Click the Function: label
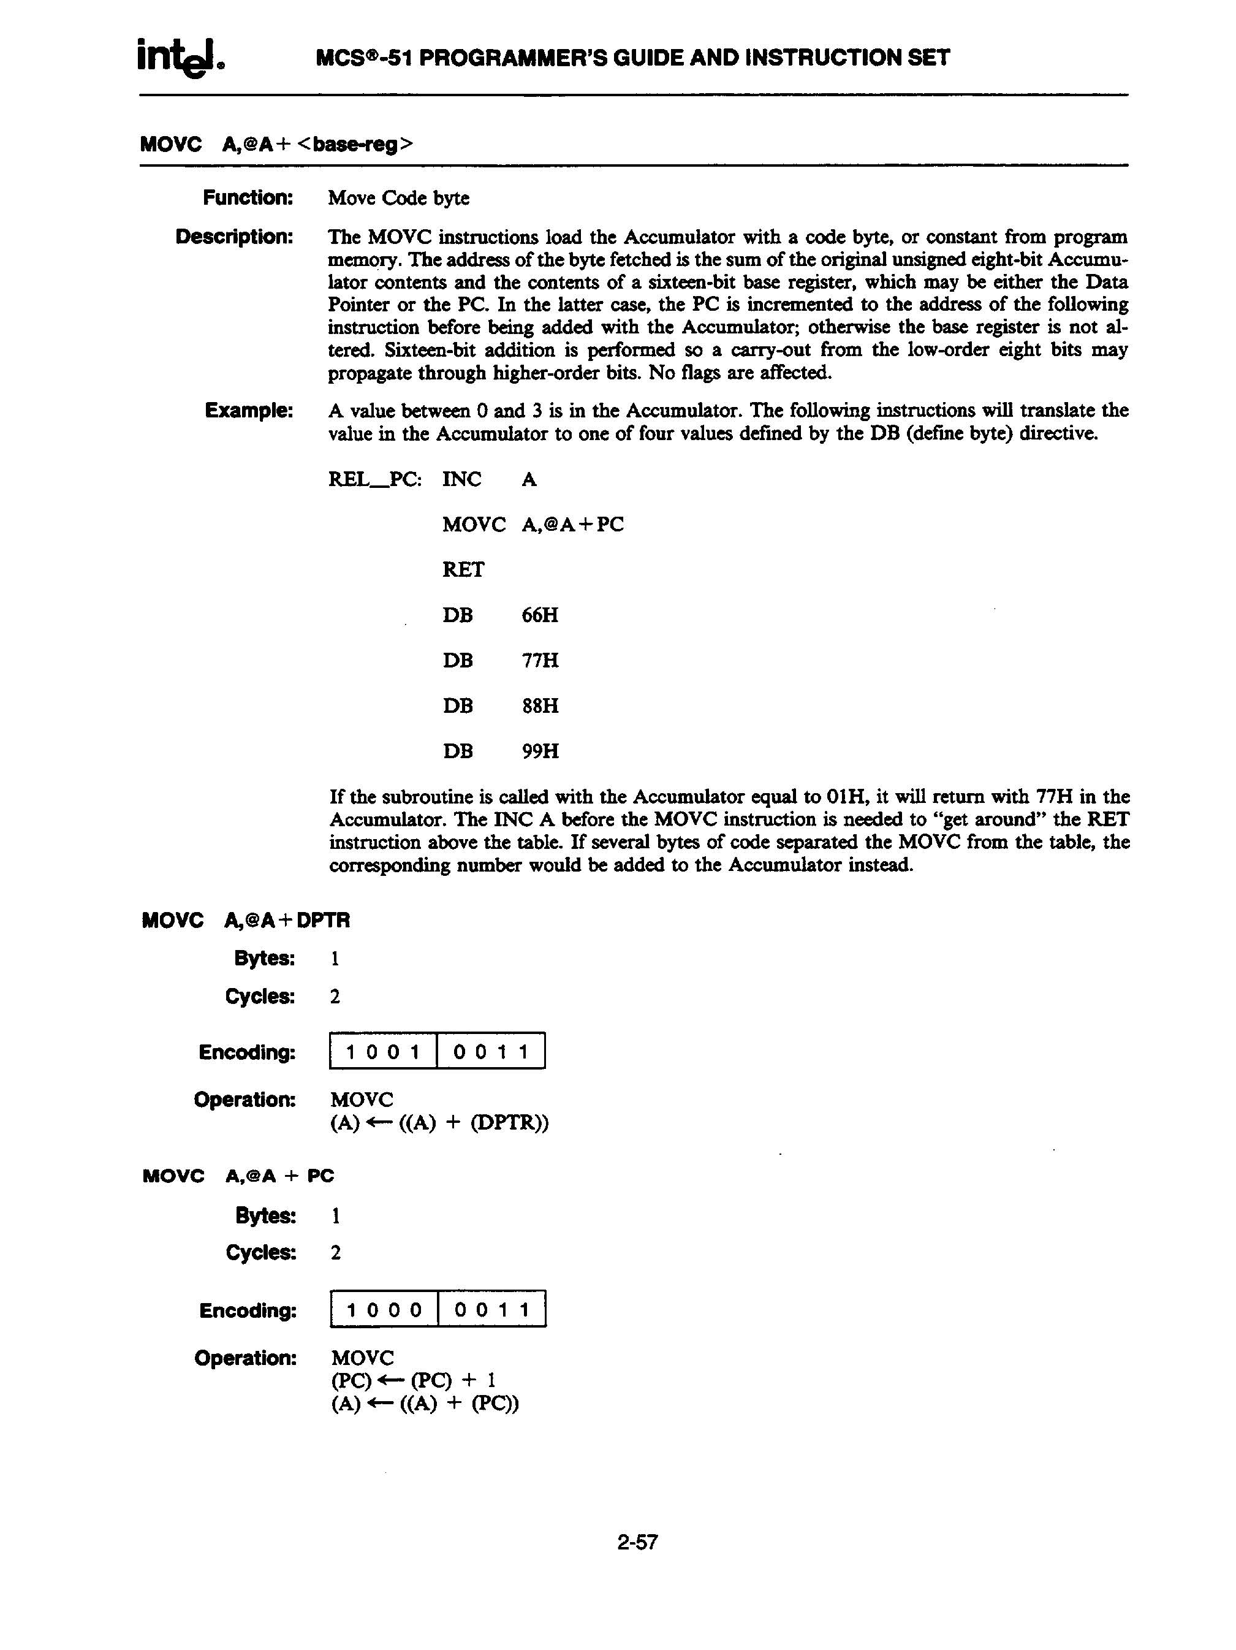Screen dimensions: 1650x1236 coord(248,198)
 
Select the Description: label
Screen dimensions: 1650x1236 coord(234,237)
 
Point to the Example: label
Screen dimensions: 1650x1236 coord(249,410)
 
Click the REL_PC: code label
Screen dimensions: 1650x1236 coord(374,479)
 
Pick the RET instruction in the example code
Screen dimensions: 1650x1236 coord(463,570)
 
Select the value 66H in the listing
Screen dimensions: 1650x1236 coord(540,615)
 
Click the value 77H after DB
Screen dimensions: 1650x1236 coord(540,661)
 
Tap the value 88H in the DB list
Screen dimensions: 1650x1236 coord(540,705)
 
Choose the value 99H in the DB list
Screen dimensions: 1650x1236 coord(540,751)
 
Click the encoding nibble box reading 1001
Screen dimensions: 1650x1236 coord(382,1052)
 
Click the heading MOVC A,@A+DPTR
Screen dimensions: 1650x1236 coord(245,921)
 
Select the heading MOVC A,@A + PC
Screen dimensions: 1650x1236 coord(238,1176)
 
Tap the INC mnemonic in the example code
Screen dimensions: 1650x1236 coord(461,479)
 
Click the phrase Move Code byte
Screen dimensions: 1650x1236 coord(398,198)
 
